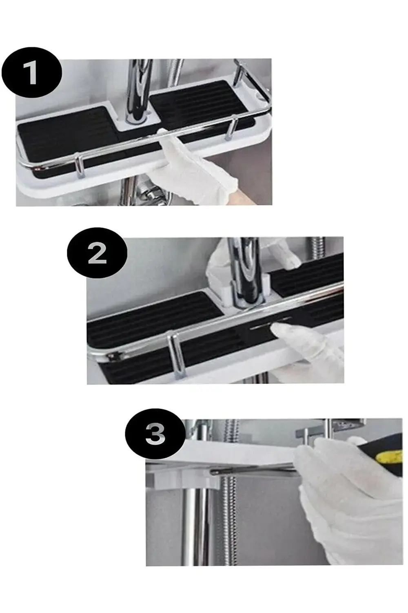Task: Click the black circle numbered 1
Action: (31, 72)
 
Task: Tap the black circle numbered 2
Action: (97, 253)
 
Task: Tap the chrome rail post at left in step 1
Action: (79, 166)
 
